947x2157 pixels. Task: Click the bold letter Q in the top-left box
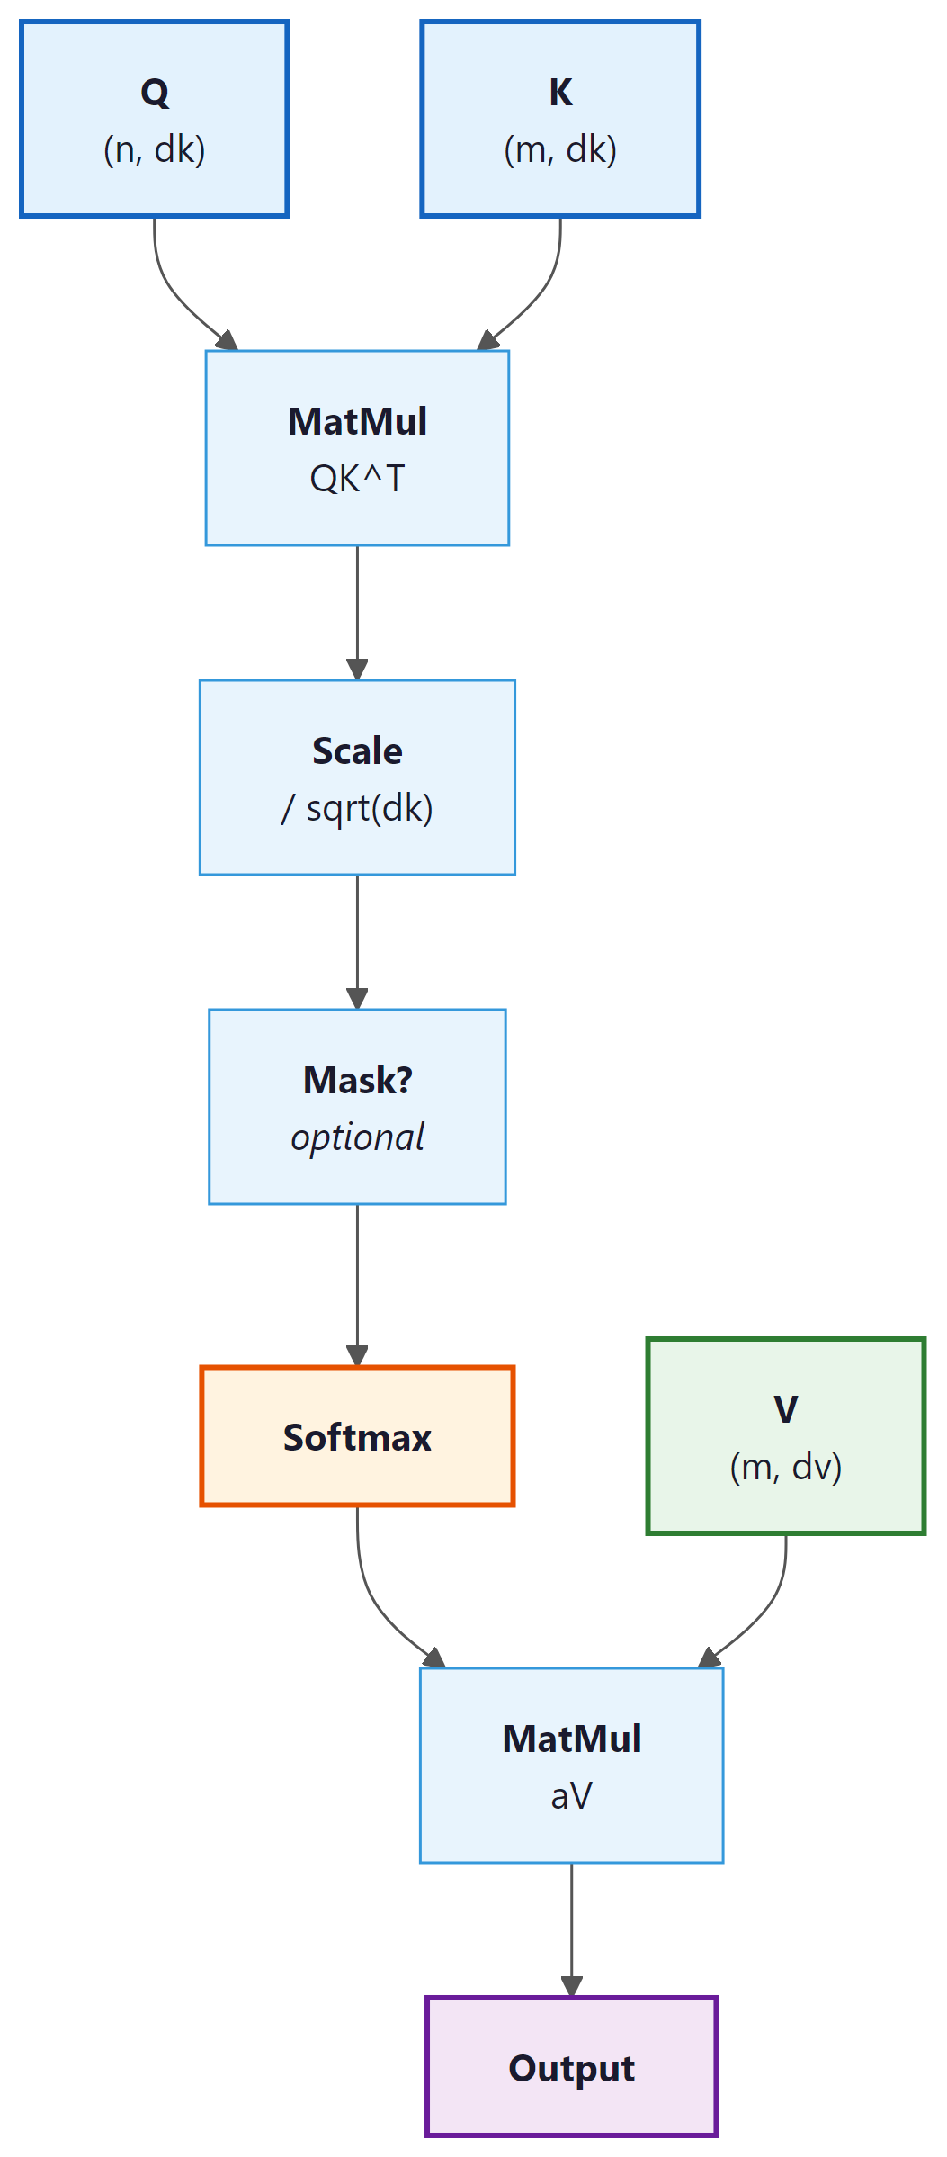coord(155,92)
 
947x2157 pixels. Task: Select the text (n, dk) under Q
coord(155,149)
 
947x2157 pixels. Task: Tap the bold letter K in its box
coord(560,92)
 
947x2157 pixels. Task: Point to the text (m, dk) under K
coord(560,149)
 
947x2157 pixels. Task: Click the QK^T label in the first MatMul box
coord(357,479)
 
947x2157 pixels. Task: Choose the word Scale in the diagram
coord(357,750)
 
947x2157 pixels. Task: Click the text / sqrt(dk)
coord(357,808)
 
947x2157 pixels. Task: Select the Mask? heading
coord(357,1080)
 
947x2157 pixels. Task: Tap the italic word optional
coord(357,1137)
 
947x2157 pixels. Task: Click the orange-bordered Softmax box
coord(357,1437)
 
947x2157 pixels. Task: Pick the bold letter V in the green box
coord(785,1409)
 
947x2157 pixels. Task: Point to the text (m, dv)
coord(785,1467)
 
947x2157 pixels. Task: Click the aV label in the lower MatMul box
coord(571,1796)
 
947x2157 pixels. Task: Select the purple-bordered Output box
coord(571,2068)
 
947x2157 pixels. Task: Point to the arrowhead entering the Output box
coord(571,1986)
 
